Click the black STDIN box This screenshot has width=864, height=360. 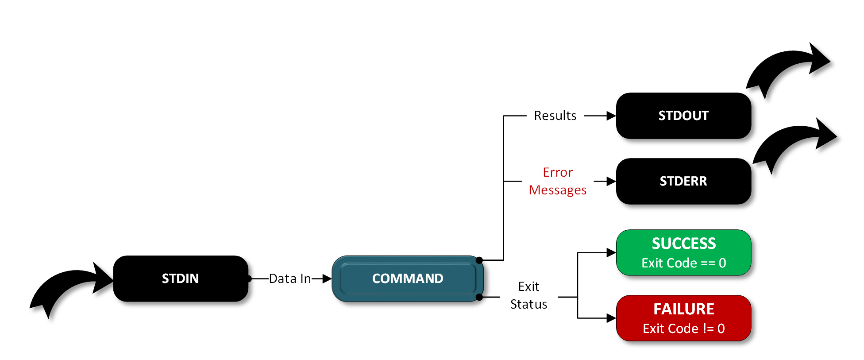coord(180,279)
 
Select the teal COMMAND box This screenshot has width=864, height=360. coord(407,279)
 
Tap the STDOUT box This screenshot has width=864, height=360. coord(683,116)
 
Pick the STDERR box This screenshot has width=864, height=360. coord(683,181)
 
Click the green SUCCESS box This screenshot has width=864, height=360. coord(683,252)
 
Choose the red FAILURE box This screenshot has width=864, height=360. coord(683,318)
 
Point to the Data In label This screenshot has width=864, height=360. coord(290,279)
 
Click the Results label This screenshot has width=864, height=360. coord(555,116)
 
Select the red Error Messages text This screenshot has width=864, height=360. coord(558,181)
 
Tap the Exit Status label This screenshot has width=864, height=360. coord(528,295)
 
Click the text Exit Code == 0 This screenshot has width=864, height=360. coord(683,263)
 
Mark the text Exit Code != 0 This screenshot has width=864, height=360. coord(683,329)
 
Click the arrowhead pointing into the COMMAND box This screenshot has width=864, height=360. coord(327,279)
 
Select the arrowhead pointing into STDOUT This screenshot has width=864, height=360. coord(611,116)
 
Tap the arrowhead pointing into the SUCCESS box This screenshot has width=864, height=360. coord(611,252)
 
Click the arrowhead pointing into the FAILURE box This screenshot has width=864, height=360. coord(611,318)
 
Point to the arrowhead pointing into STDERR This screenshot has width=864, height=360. coord(611,181)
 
